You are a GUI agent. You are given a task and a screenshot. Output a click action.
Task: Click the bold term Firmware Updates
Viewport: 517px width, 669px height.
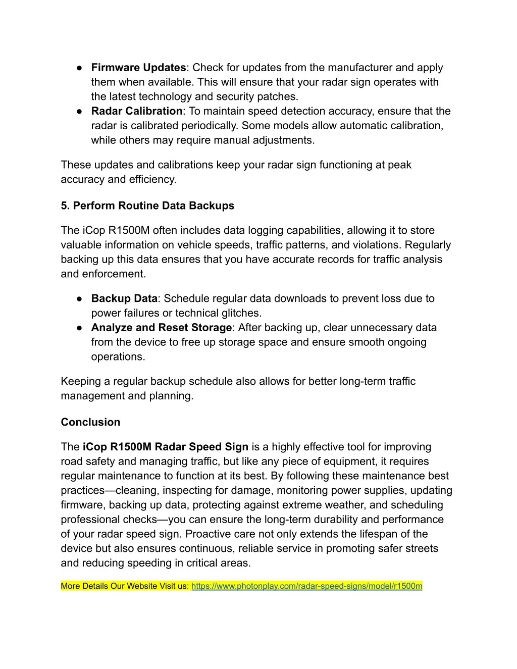(138, 68)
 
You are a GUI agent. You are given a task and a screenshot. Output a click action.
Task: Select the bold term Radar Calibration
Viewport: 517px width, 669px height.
(136, 111)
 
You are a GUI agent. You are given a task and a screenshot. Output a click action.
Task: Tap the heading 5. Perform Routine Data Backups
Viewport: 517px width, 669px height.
(147, 205)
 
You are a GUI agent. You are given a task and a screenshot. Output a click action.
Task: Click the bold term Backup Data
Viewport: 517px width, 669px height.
(124, 298)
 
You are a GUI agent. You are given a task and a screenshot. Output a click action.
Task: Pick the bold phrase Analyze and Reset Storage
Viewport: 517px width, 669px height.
(161, 328)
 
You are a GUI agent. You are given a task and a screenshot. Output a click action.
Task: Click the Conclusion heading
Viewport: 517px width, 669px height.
(90, 422)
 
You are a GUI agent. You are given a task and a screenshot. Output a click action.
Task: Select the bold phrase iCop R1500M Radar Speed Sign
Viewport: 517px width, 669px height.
(165, 447)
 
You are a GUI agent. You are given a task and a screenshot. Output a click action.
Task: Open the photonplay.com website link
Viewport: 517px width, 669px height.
(306, 586)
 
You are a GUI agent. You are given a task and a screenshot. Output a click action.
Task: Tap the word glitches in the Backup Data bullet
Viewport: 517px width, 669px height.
(242, 313)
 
